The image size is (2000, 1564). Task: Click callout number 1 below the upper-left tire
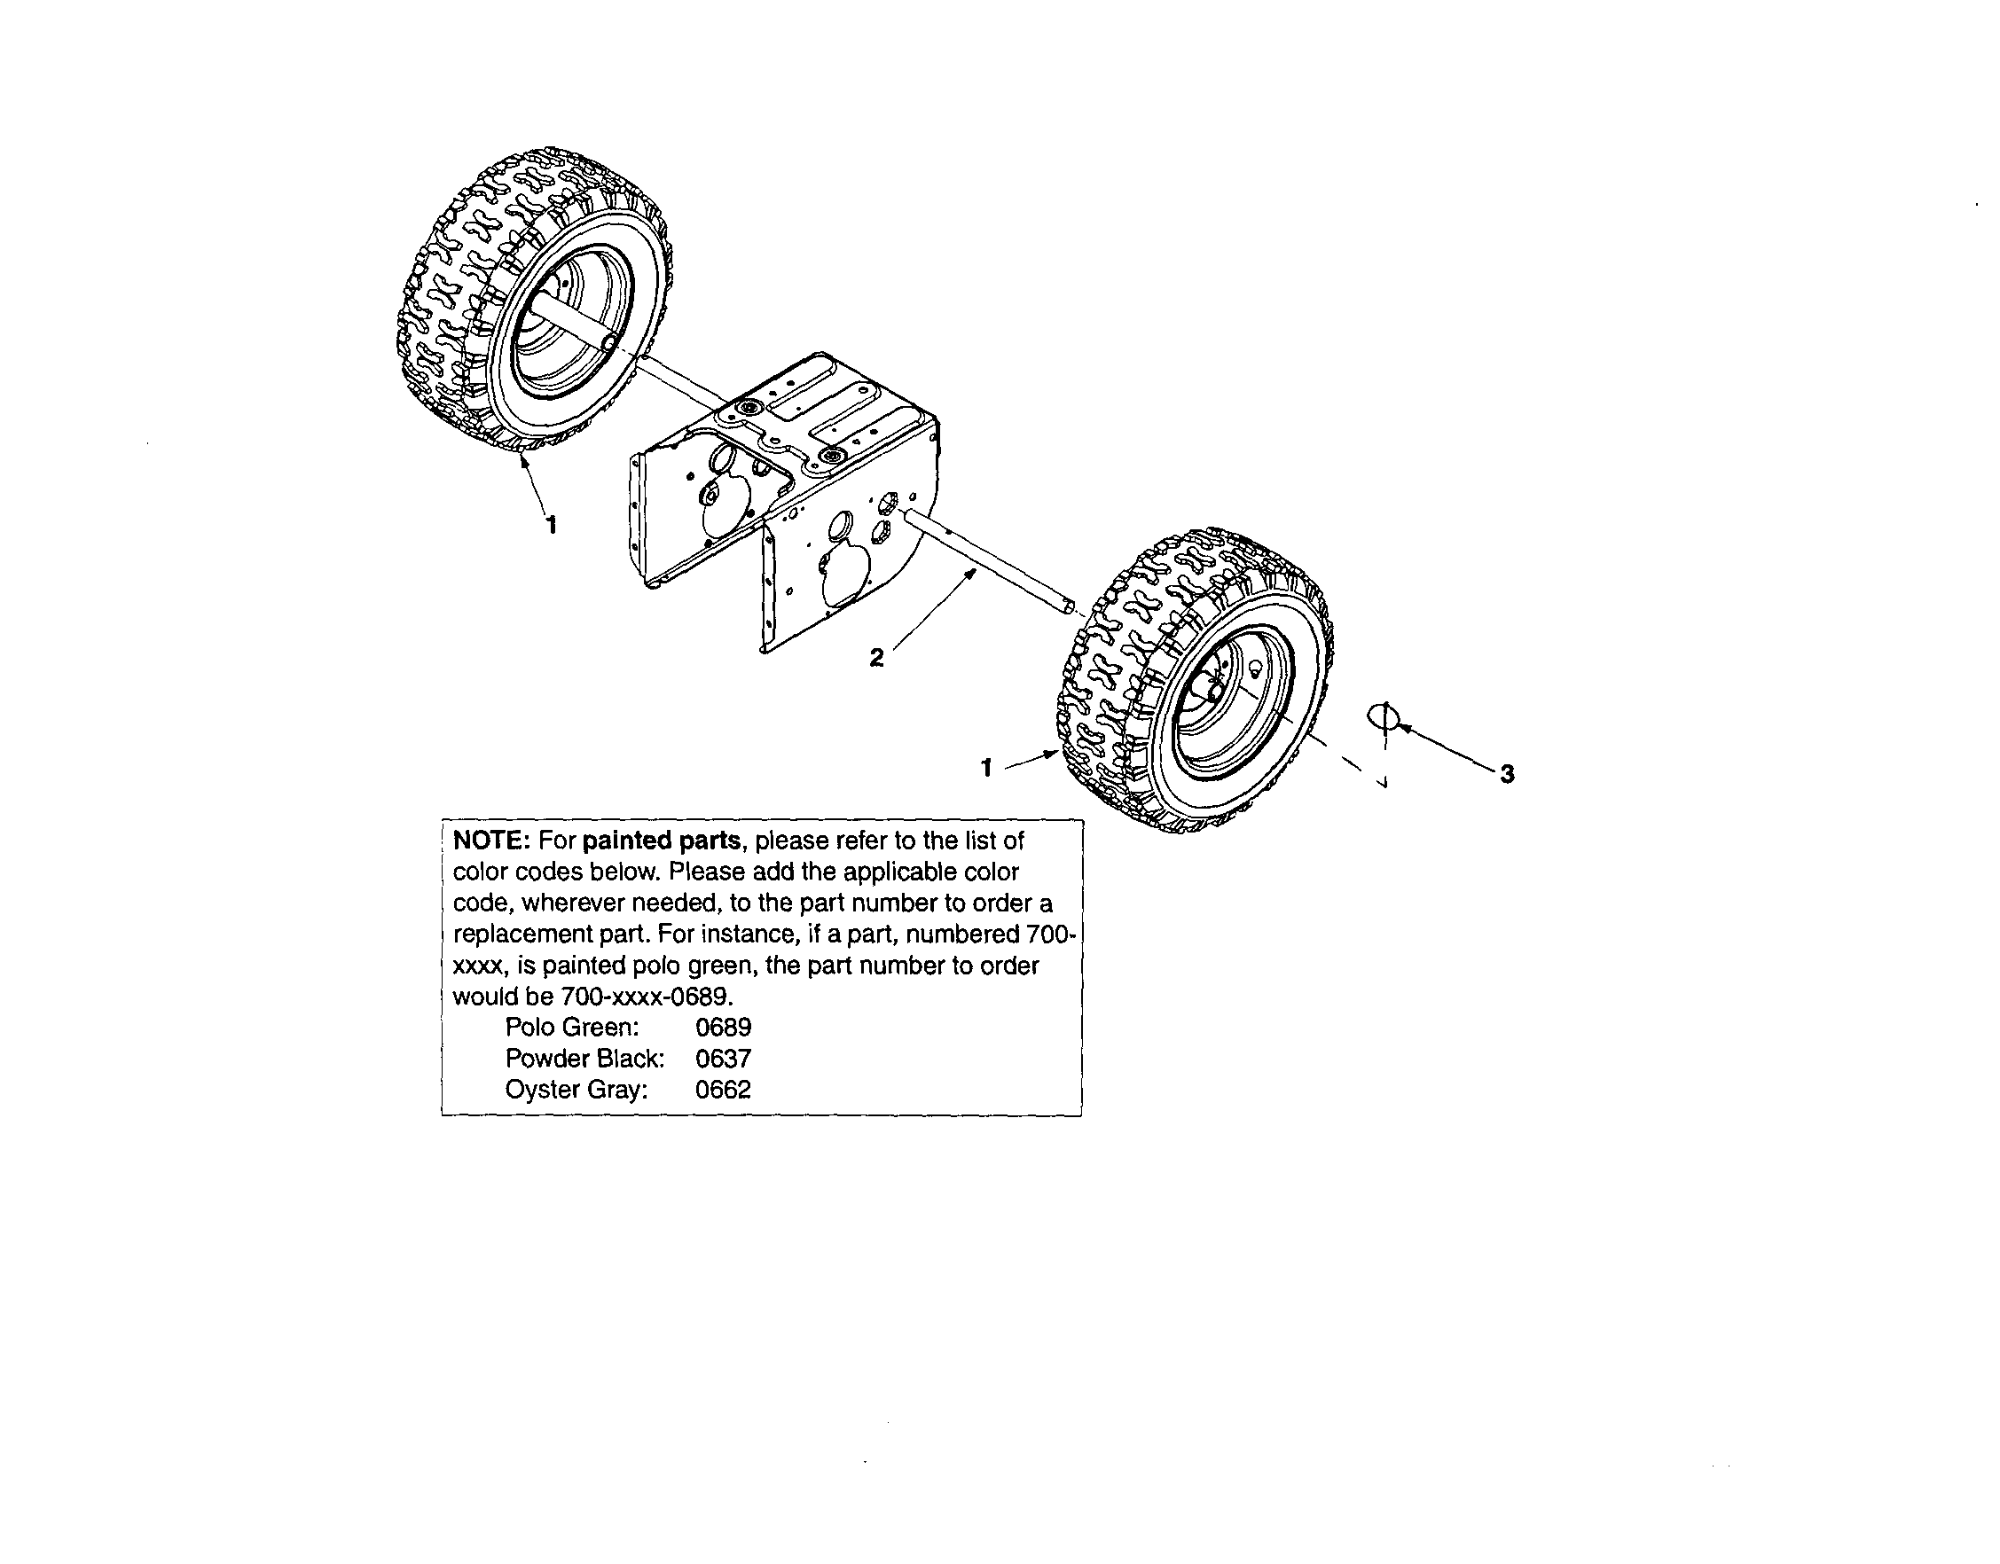pos(552,525)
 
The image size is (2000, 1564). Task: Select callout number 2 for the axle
pos(876,657)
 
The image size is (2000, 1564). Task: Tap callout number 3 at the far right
pos(1506,774)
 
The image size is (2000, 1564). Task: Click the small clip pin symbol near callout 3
pos(1384,717)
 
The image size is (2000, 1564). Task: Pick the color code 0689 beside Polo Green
pos(724,1028)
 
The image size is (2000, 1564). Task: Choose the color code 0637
pos(724,1059)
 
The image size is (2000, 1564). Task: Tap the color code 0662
pos(724,1090)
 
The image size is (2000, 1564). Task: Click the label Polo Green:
pos(572,1028)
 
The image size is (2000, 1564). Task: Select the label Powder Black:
pos(585,1059)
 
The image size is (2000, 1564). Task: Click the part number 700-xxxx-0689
pos(646,997)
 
